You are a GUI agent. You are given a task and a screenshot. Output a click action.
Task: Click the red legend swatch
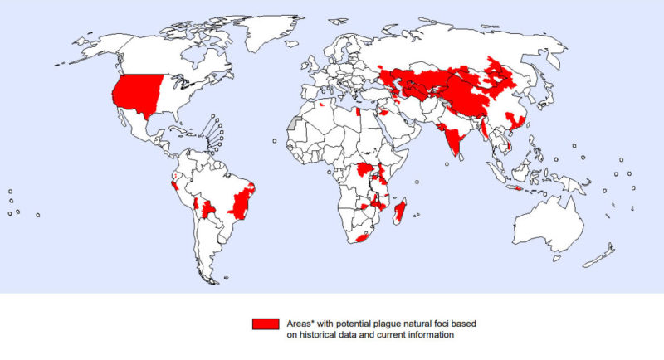click(x=266, y=324)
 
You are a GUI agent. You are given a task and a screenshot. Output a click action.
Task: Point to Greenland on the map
click(x=266, y=33)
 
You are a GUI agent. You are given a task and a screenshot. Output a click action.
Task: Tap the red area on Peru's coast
click(x=173, y=184)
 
